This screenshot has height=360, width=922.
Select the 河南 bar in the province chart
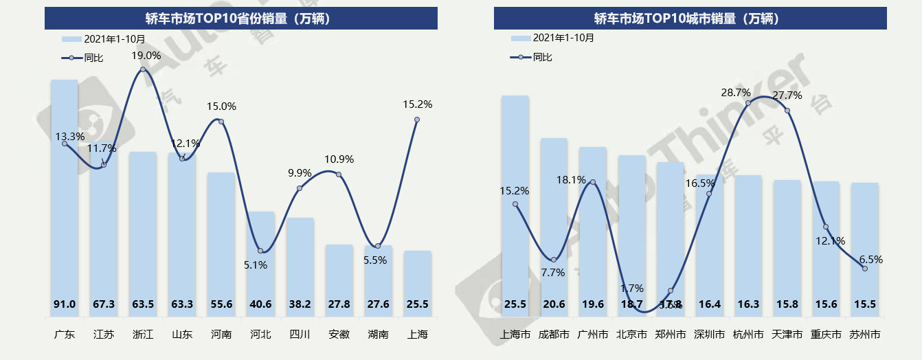(221, 240)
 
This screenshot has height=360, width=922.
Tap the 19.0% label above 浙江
(146, 56)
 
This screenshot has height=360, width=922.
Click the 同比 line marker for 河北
(260, 251)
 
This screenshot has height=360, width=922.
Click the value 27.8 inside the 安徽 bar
(339, 304)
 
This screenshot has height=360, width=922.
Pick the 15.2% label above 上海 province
(418, 104)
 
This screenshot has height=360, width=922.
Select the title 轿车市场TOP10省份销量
(240, 19)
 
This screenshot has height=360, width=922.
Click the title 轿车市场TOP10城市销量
(690, 19)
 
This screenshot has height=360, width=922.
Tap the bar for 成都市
(554, 220)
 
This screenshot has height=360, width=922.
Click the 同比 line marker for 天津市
(787, 111)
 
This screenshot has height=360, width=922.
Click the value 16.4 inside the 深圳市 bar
(710, 304)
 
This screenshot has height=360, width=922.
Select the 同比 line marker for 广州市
(593, 182)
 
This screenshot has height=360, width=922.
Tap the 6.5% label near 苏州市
(870, 260)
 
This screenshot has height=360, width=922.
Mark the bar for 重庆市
(826, 240)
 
